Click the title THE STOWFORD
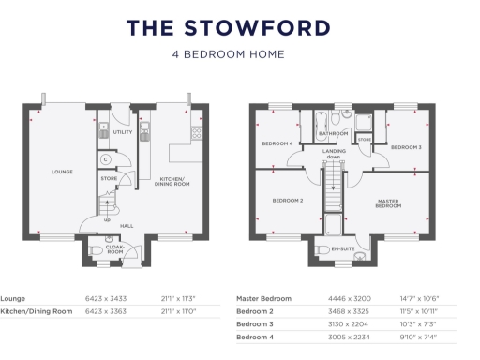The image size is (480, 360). click(x=239, y=27)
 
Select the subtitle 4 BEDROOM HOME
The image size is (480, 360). click(x=240, y=54)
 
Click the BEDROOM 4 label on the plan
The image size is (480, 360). click(x=277, y=143)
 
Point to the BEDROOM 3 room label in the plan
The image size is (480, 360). click(x=406, y=148)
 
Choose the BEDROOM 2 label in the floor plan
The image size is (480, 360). click(x=287, y=201)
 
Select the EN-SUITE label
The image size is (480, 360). click(x=344, y=249)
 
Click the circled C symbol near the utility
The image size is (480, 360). click(x=107, y=159)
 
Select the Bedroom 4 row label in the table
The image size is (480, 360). click(x=257, y=337)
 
